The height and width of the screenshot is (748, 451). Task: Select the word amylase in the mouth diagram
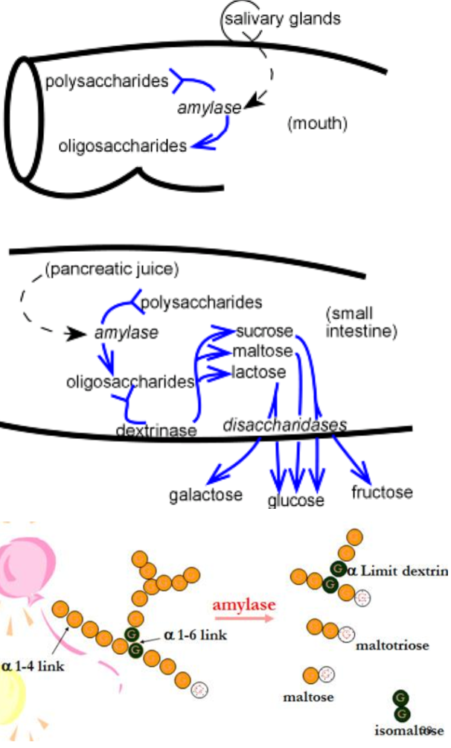[210, 108]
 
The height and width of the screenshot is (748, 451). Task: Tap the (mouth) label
[317, 124]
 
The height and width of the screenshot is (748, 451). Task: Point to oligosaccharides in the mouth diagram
[123, 146]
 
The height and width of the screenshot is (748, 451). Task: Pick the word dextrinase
[156, 431]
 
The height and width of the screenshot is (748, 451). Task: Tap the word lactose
[259, 371]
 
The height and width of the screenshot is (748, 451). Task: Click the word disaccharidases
[285, 425]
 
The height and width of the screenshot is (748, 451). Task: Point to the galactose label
[205, 494]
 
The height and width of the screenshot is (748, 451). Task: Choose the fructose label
[382, 492]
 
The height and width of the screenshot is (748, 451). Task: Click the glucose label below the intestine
[295, 500]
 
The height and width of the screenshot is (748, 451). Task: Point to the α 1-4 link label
[33, 665]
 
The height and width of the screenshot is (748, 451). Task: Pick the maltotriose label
[392, 644]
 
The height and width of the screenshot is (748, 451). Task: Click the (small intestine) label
[362, 320]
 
